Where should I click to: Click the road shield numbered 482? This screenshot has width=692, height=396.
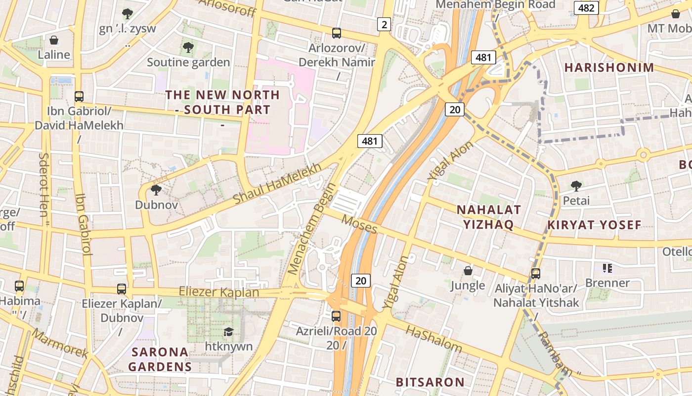click(586, 8)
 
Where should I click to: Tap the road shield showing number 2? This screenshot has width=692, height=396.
click(384, 24)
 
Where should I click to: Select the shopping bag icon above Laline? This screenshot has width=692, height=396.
click(54, 40)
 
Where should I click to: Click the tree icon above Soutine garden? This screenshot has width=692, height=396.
click(188, 48)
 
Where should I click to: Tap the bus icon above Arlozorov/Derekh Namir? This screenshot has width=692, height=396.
click(337, 33)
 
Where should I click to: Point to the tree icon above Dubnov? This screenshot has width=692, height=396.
click(156, 190)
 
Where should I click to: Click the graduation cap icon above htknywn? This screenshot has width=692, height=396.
click(228, 332)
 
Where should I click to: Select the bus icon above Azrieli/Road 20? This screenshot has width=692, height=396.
click(336, 316)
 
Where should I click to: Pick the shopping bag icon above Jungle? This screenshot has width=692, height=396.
click(468, 271)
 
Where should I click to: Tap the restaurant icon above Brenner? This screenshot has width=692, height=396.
click(607, 268)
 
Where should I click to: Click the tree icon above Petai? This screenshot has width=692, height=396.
click(576, 186)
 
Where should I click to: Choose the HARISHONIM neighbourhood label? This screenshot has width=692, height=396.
click(609, 67)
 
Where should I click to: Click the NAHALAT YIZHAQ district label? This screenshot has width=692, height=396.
click(488, 217)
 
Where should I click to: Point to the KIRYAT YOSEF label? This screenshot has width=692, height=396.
click(594, 225)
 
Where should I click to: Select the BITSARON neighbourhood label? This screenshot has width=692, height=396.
click(430, 382)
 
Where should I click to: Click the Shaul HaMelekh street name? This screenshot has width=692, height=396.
click(277, 184)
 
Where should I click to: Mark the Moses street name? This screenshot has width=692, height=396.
click(359, 225)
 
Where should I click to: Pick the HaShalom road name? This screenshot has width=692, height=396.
click(433, 339)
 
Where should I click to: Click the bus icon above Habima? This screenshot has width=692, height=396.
click(19, 286)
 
